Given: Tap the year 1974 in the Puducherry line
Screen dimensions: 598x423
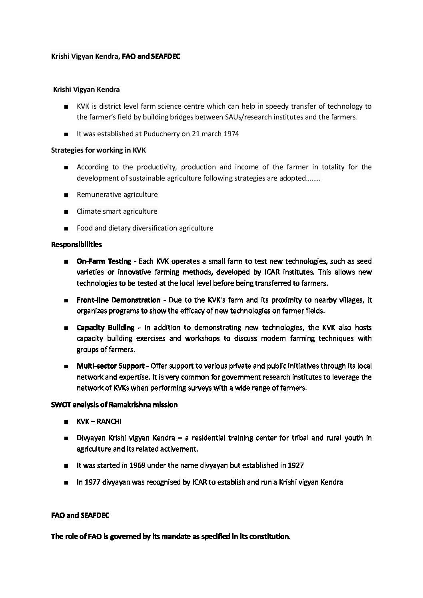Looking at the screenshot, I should click(x=231, y=134).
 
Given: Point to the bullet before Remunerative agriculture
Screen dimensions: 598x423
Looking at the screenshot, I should click(x=66, y=195).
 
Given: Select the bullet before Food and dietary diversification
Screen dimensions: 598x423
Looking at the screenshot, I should click(x=66, y=229).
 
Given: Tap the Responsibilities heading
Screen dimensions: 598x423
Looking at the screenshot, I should click(x=76, y=244).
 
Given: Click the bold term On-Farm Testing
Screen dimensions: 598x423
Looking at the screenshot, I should click(x=104, y=261).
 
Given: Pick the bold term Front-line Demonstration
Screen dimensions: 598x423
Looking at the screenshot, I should click(x=118, y=300).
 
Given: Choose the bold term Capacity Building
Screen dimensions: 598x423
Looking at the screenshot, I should click(x=106, y=328).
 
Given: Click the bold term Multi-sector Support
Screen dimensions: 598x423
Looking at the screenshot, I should click(x=110, y=366).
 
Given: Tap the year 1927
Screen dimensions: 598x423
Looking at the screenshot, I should click(x=295, y=465).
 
